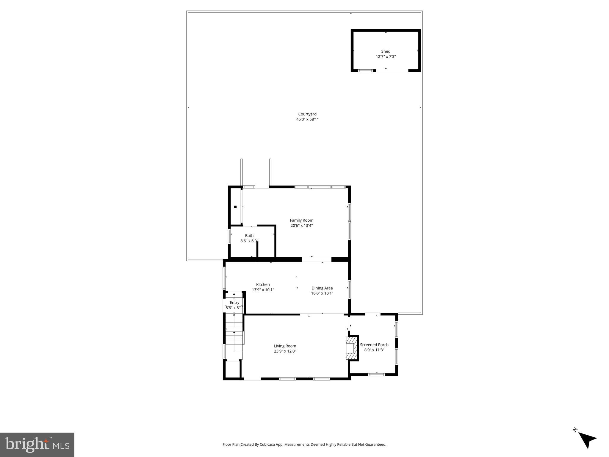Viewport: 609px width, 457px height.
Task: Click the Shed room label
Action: (x=386, y=51)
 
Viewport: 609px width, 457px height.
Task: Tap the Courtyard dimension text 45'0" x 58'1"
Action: (x=307, y=119)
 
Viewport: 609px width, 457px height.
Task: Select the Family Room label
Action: (x=301, y=220)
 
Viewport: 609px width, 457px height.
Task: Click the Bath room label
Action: (x=249, y=236)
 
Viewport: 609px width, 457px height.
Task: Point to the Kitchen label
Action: (x=263, y=284)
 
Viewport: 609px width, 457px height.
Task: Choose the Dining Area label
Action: (x=322, y=288)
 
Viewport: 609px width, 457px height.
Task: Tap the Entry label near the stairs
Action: (x=234, y=303)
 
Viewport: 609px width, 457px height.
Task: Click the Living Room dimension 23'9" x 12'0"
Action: (x=285, y=351)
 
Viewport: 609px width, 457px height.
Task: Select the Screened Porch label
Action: (x=374, y=345)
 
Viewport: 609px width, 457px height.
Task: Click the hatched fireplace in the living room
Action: (x=351, y=348)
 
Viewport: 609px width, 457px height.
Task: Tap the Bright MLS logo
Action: (x=37, y=445)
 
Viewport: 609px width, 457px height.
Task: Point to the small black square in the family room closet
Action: (x=235, y=207)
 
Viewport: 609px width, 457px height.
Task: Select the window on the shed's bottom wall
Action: (x=365, y=71)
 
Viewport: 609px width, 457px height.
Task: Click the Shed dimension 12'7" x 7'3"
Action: (x=386, y=57)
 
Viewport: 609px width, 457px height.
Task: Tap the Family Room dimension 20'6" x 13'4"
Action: (x=301, y=226)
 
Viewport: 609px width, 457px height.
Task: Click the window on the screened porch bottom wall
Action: (x=376, y=375)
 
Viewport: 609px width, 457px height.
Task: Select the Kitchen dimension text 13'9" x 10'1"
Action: (x=263, y=290)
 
